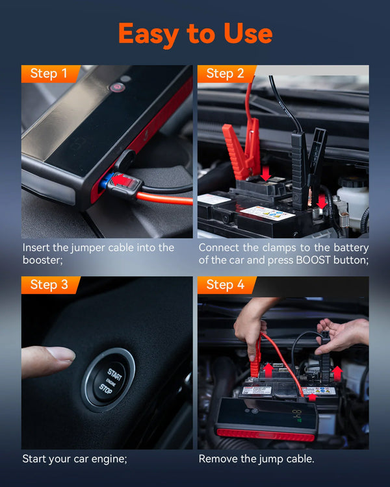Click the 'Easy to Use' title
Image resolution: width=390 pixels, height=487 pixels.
(195, 33)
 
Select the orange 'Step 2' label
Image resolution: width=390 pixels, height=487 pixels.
(225, 73)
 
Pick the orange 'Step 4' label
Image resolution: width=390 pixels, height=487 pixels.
(225, 285)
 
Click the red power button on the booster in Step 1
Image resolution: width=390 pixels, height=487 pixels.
(117, 86)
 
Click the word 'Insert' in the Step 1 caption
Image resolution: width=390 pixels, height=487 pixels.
(36, 247)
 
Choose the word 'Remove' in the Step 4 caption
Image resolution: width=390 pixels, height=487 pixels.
(218, 458)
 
